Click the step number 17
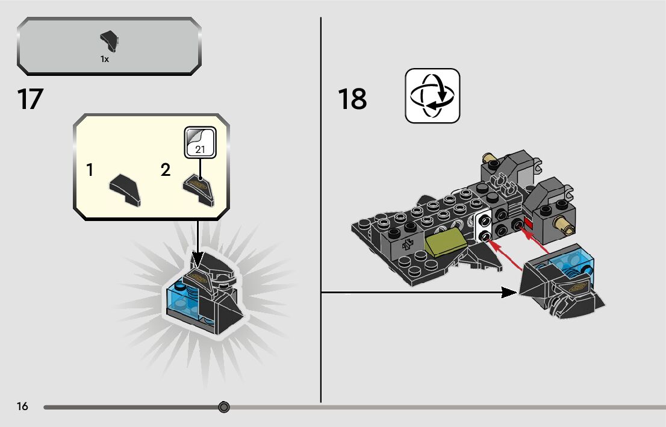pos(30,99)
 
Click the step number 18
pos(352,99)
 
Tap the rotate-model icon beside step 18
pos(432,96)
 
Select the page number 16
pos(22,407)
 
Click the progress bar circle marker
pos(224,407)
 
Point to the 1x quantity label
pos(105,59)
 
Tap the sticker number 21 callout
pos(200,142)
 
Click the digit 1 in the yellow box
pos(90,170)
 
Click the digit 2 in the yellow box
pos(166,170)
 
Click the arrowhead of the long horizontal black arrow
pos(509,293)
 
